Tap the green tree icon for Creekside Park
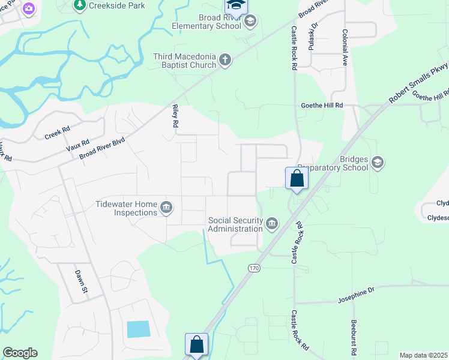pyautogui.click(x=79, y=5)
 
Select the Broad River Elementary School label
pyautogui.click(x=205, y=22)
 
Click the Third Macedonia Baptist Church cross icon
pyautogui.click(x=225, y=59)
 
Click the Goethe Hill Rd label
pyautogui.click(x=322, y=105)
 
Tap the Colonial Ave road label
pyautogui.click(x=345, y=47)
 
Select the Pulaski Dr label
pyautogui.click(x=312, y=37)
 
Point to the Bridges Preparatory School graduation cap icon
pyautogui.click(x=378, y=162)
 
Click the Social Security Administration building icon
pyautogui.click(x=272, y=224)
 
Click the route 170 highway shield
pyautogui.click(x=254, y=268)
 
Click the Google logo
pyautogui.click(x=20, y=353)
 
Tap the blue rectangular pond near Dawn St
pyautogui.click(x=139, y=329)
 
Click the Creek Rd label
pyautogui.click(x=58, y=133)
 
